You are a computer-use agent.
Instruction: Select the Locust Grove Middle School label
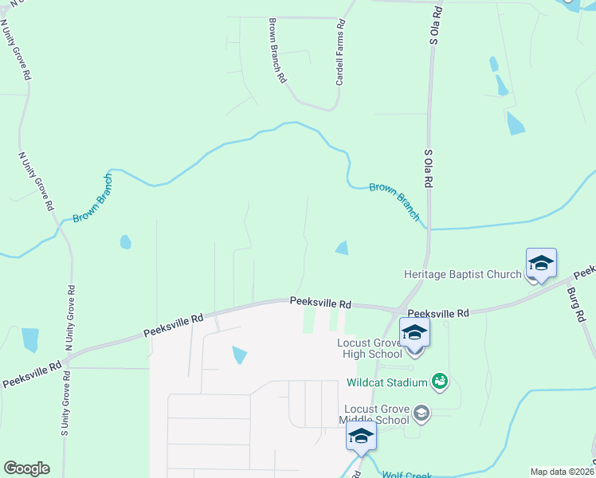(374, 414)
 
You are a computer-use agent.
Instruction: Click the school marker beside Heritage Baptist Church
(541, 264)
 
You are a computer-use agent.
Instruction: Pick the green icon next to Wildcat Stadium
(439, 382)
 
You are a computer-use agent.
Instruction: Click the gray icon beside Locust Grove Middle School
(422, 413)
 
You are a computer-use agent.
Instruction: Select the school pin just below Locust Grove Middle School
(361, 437)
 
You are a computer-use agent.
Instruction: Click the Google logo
(27, 468)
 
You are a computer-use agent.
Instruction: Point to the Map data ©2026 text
(562, 472)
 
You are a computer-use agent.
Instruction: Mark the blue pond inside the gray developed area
(240, 355)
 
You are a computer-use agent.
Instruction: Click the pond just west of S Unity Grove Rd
(30, 339)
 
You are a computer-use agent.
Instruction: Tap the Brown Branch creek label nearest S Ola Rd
(395, 201)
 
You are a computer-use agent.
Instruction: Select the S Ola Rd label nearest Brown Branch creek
(428, 169)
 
